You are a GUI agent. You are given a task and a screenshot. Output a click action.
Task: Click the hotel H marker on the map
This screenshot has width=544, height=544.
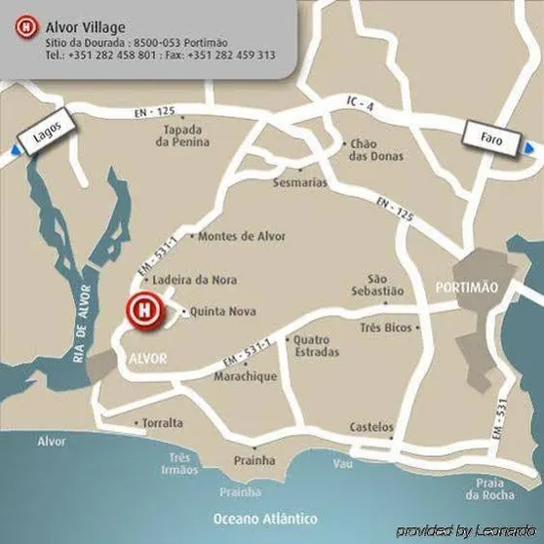[142, 311]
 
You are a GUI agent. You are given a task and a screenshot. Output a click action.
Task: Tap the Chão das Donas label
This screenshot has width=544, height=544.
[375, 149]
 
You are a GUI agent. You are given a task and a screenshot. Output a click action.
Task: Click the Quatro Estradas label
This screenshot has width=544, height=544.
[316, 345]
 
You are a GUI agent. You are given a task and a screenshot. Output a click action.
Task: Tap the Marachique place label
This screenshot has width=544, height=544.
[246, 376]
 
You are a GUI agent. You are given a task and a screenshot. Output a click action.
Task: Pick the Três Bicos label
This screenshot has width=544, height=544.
[385, 328]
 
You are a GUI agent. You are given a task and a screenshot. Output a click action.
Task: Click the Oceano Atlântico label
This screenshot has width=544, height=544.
[267, 518]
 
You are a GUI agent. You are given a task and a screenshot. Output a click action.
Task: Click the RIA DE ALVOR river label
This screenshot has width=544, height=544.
[82, 323]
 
